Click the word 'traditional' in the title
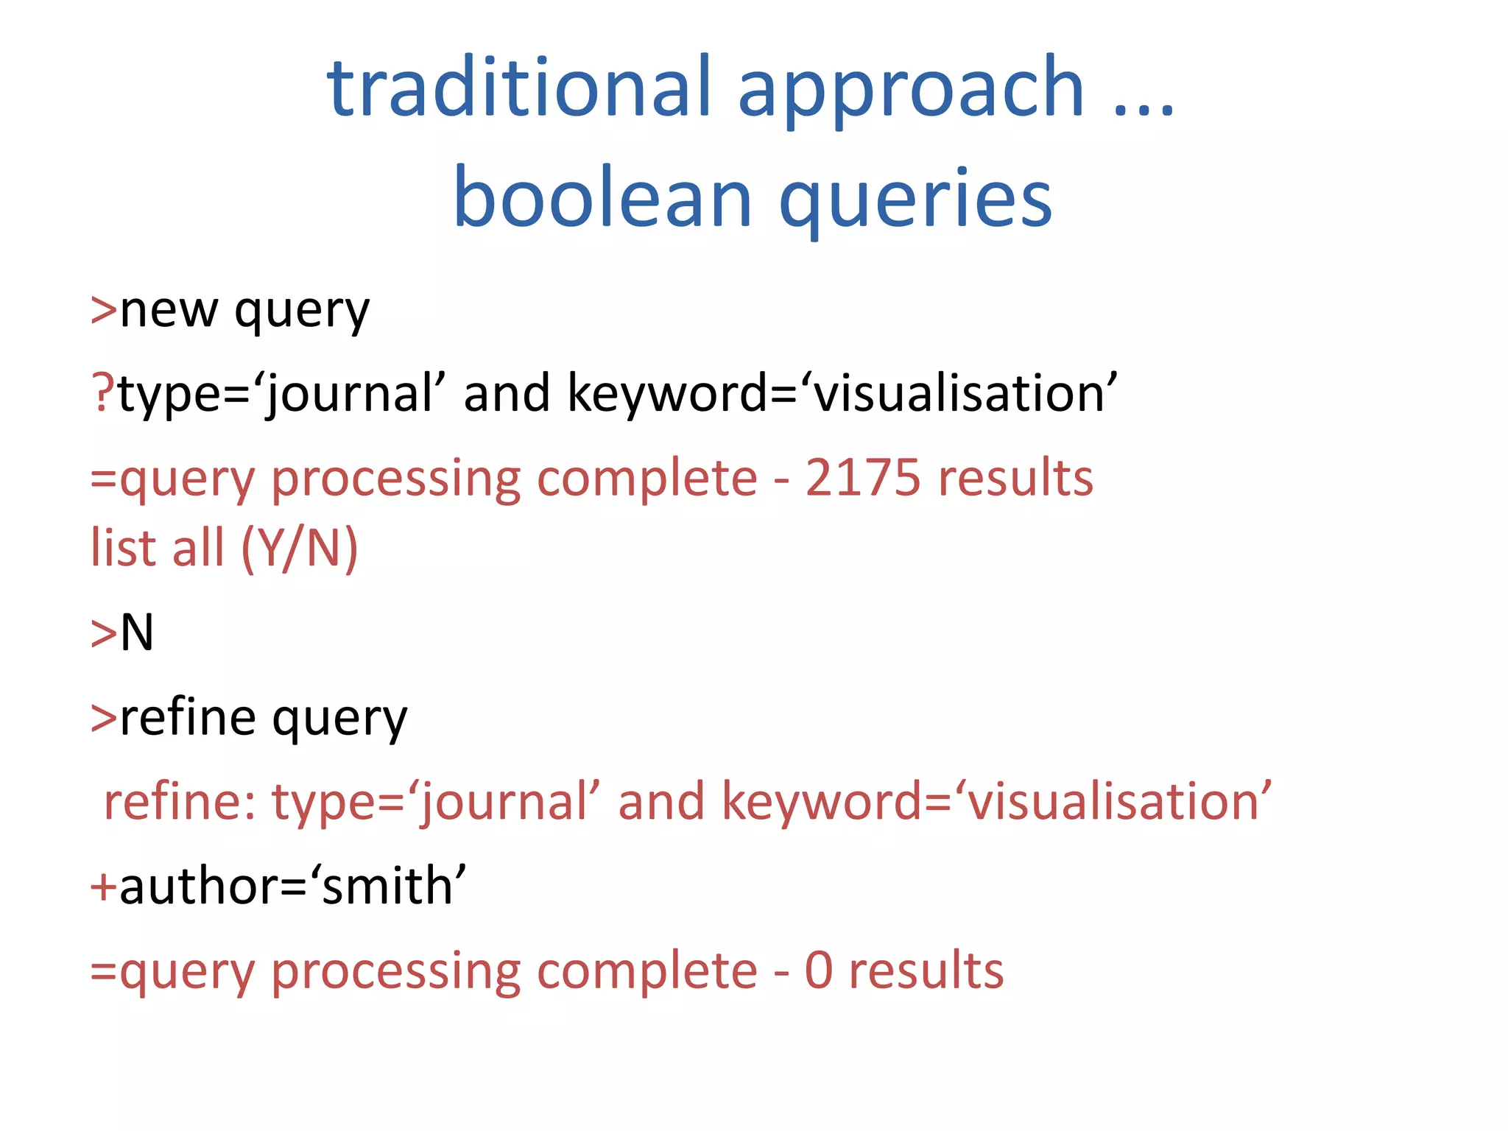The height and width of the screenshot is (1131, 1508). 519,88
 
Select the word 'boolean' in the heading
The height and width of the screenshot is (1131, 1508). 602,197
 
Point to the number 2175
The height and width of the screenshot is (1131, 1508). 862,478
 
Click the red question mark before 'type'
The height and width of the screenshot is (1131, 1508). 102,392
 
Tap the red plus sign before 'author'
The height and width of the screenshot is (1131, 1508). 103,886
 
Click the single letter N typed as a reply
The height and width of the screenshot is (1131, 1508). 137,633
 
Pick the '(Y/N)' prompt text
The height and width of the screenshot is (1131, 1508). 299,549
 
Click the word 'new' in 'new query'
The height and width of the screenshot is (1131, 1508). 169,310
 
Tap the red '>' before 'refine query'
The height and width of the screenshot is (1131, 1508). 103,718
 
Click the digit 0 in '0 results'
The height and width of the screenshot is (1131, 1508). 819,970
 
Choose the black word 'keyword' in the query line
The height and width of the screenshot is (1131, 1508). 667,393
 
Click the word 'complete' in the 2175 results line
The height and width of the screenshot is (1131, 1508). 646,479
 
